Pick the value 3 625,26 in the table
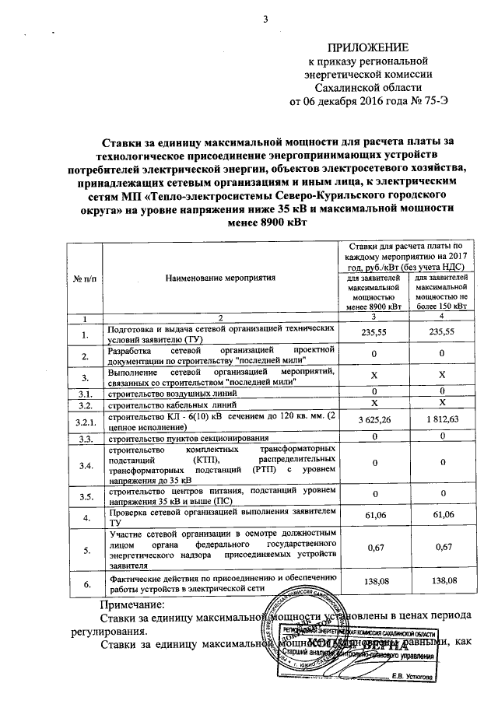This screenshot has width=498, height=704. pyautogui.click(x=374, y=421)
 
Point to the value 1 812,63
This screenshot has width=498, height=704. pyautogui.click(x=442, y=421)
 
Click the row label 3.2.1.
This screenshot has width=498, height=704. pyautogui.click(x=85, y=421)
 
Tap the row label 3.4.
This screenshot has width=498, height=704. pyautogui.click(x=85, y=466)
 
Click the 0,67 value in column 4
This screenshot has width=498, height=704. pyautogui.click(x=442, y=549)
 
